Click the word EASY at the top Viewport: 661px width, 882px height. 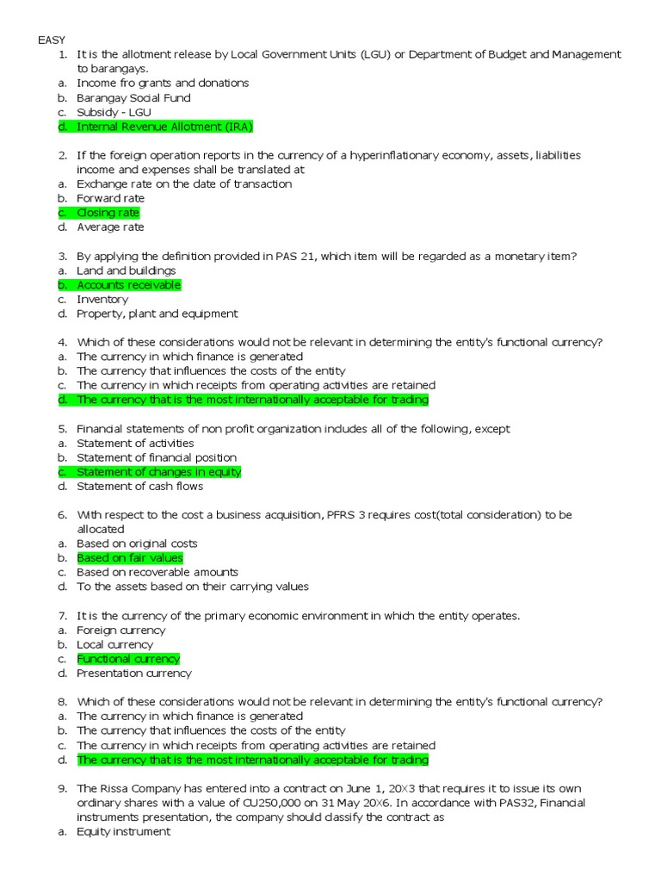click(51, 40)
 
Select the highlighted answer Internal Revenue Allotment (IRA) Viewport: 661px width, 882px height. click(164, 127)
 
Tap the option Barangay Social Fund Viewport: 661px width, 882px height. click(133, 97)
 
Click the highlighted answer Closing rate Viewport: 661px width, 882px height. click(108, 213)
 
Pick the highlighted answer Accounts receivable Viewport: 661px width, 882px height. click(128, 285)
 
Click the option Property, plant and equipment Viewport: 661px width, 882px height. click(157, 314)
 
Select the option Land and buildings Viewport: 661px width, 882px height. click(126, 270)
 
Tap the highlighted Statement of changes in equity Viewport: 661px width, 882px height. click(158, 472)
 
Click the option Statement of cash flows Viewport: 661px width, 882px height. click(139, 487)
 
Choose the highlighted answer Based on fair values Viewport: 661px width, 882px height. click(129, 558)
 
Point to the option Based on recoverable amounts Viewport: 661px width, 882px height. click(158, 572)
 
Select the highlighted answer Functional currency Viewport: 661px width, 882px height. click(128, 659)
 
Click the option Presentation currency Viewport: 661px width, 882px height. click(134, 674)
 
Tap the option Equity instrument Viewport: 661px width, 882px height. click(123, 831)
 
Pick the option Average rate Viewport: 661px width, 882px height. click(110, 227)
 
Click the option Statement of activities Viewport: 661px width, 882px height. click(135, 443)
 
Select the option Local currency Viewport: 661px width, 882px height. click(114, 644)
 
